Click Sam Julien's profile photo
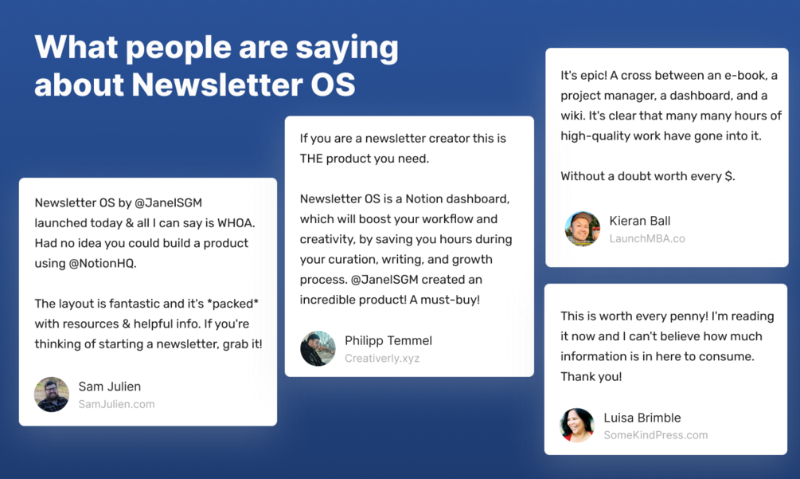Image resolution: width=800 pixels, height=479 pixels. tap(52, 395)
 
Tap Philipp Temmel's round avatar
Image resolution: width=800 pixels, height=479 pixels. tap(318, 349)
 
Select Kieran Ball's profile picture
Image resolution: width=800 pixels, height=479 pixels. tap(583, 229)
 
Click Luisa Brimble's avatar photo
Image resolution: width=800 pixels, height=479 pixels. tap(577, 425)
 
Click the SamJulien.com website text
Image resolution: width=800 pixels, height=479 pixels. tap(116, 404)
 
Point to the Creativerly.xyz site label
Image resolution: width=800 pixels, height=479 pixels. tap(382, 359)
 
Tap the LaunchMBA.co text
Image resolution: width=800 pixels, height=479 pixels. tap(647, 238)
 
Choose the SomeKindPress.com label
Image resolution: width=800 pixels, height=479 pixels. tap(656, 435)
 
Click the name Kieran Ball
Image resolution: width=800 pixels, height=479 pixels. tap(640, 221)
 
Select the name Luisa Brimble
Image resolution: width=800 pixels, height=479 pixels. tap(642, 418)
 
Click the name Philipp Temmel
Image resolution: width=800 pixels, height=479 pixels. tap(388, 340)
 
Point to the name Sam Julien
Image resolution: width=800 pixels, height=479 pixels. tap(110, 387)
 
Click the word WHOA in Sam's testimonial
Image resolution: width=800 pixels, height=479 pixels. tap(235, 223)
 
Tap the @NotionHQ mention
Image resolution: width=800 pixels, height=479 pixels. tap(103, 264)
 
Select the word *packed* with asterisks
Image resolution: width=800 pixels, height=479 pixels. tap(232, 304)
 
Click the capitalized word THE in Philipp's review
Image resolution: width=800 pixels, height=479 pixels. tap(311, 159)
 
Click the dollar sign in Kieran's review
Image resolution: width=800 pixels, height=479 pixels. tap(730, 176)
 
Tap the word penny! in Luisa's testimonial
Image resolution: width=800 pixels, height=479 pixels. tap(689, 316)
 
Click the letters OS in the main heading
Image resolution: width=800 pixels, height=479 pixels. tap(334, 84)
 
